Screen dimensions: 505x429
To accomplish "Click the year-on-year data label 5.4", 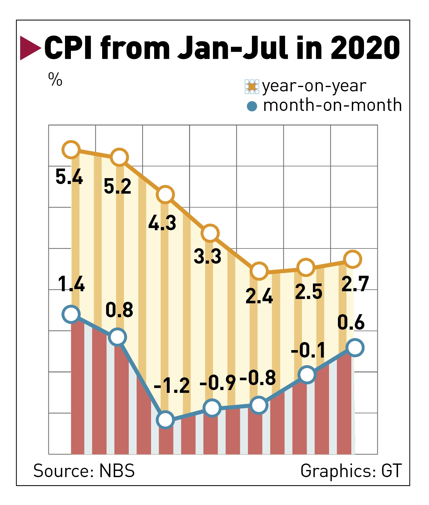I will (69, 177).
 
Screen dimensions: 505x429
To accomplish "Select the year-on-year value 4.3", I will (162, 223).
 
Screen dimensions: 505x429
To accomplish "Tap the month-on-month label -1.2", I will (172, 386).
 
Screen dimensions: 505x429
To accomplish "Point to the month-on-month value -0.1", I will (308, 350).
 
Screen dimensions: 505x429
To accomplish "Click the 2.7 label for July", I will (355, 284).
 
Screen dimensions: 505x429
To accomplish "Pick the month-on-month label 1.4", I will (71, 284).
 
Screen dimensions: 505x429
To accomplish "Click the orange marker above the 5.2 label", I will (119, 157).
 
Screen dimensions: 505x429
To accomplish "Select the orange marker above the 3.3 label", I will (210, 233).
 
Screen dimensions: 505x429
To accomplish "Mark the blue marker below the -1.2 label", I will (165, 420).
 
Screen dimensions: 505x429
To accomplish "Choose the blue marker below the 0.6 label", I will (355, 348).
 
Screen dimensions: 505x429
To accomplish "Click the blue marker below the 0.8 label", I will (118, 337).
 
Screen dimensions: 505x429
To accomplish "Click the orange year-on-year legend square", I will (252, 87).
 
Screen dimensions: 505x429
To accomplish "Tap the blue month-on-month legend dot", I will (252, 106).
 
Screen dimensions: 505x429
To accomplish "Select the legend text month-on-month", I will (332, 105).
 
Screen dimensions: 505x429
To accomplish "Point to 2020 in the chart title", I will (365, 48).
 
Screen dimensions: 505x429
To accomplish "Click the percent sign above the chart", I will (55, 79).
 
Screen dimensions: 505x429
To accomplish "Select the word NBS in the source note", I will (117, 471).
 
